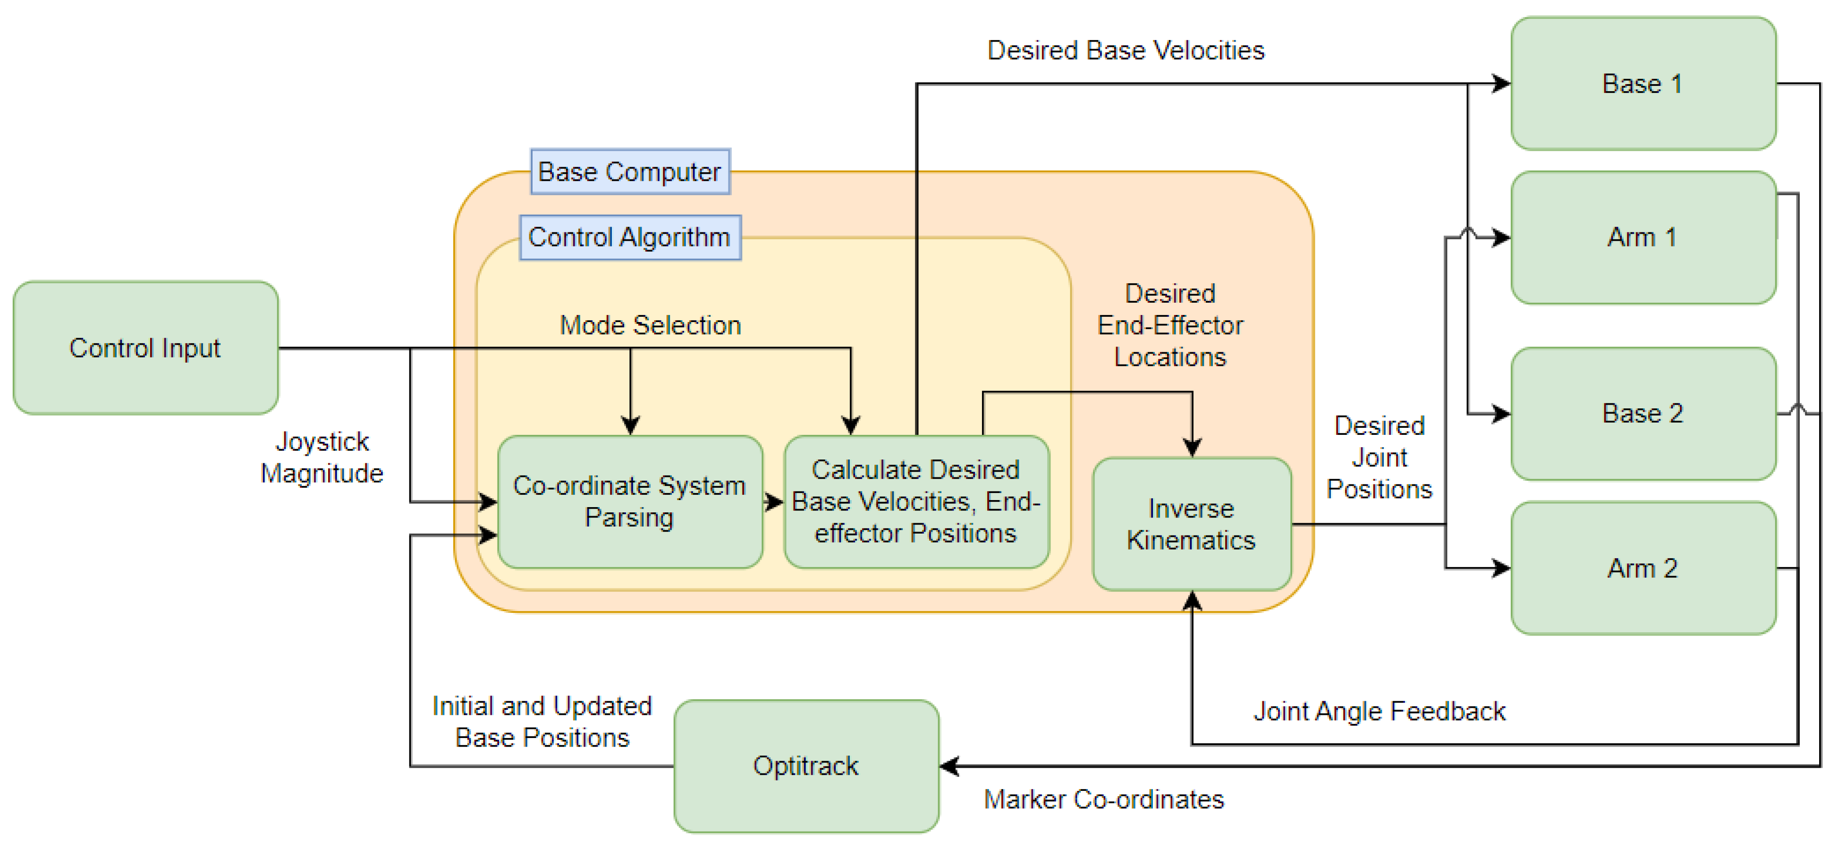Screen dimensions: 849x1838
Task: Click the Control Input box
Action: click(x=145, y=348)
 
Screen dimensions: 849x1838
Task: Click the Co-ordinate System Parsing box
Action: click(x=629, y=501)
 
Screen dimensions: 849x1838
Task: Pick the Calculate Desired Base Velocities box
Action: click(x=915, y=501)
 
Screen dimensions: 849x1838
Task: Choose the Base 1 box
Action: click(x=1643, y=84)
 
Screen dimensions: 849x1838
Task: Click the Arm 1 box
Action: click(x=1643, y=237)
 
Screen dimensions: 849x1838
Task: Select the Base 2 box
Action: click(x=1643, y=413)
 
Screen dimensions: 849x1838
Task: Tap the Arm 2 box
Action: click(x=1643, y=568)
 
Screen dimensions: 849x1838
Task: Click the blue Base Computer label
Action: click(x=629, y=171)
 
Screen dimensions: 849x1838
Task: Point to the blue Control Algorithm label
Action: click(x=629, y=237)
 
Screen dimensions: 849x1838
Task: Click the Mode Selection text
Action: click(x=650, y=325)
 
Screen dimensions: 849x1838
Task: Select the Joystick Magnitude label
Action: click(x=322, y=458)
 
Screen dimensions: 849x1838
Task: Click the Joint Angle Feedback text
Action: click(x=1379, y=711)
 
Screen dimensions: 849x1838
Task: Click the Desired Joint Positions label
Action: click(x=1379, y=458)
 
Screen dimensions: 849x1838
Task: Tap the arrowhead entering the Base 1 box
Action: click(x=1502, y=84)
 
